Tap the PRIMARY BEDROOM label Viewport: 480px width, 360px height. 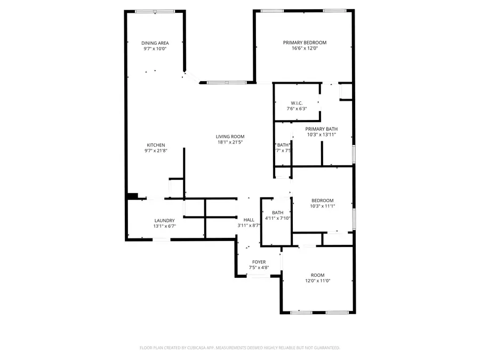(305, 42)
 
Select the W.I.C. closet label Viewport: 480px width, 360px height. (297, 102)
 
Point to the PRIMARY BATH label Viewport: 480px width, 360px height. (321, 129)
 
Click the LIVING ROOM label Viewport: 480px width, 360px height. (230, 136)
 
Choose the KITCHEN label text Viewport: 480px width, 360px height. (156, 145)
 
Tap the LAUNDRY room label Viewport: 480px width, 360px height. (164, 220)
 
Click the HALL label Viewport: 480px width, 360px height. (249, 219)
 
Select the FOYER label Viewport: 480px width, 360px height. (259, 262)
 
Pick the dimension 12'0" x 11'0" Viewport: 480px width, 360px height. (318, 281)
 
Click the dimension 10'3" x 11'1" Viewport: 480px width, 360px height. (323, 206)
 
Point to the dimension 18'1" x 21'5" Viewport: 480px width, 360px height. (230, 142)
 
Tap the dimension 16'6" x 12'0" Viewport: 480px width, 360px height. (305, 49)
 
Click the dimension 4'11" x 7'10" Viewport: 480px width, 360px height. (277, 218)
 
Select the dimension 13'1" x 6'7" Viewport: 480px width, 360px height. (164, 226)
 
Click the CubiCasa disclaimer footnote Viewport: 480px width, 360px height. (239, 348)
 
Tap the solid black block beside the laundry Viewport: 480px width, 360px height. (133, 196)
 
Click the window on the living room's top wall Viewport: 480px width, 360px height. (226, 82)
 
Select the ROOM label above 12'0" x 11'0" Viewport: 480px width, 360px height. (318, 275)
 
